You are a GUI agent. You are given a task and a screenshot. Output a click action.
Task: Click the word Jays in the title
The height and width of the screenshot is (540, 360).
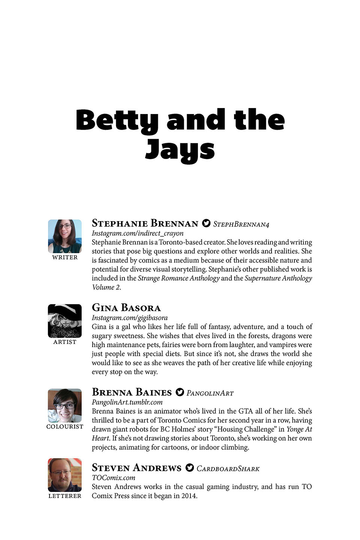tap(180, 150)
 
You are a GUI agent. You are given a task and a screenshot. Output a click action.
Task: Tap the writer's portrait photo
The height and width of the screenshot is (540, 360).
tap(65, 236)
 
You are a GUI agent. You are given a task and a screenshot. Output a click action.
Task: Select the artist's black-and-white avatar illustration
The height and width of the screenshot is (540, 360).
tap(65, 321)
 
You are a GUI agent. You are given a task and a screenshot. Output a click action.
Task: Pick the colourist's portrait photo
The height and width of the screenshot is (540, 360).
tap(65, 406)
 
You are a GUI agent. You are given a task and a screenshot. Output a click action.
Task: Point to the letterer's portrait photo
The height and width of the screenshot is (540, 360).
tap(65, 475)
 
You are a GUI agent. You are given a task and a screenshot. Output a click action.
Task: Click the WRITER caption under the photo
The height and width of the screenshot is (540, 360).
tap(65, 258)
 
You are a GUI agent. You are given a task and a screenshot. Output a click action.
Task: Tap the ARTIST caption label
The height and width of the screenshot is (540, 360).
tap(65, 342)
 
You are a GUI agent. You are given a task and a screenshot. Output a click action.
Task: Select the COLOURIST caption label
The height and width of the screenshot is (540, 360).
tap(65, 427)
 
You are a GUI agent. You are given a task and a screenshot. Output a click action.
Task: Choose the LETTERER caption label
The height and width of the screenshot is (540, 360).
tap(65, 496)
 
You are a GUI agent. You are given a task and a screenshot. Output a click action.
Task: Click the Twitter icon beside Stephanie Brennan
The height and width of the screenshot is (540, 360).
tap(206, 223)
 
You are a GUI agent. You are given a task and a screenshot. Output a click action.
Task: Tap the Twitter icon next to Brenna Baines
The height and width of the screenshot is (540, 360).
tap(180, 392)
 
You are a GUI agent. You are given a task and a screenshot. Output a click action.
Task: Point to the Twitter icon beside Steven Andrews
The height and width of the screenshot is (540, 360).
tap(190, 468)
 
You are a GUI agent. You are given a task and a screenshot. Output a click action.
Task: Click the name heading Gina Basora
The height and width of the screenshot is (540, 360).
tap(126, 308)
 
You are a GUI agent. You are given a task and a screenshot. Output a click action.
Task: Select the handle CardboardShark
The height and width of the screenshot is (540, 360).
tap(228, 469)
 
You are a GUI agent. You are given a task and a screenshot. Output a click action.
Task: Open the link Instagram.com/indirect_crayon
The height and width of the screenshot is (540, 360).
tap(138, 233)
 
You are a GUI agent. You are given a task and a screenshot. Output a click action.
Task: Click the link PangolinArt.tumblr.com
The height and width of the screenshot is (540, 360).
tap(127, 402)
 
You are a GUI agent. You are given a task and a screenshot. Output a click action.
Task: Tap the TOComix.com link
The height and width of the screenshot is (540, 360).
tap(113, 478)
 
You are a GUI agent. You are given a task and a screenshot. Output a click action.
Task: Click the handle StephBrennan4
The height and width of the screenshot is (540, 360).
tap(241, 224)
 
